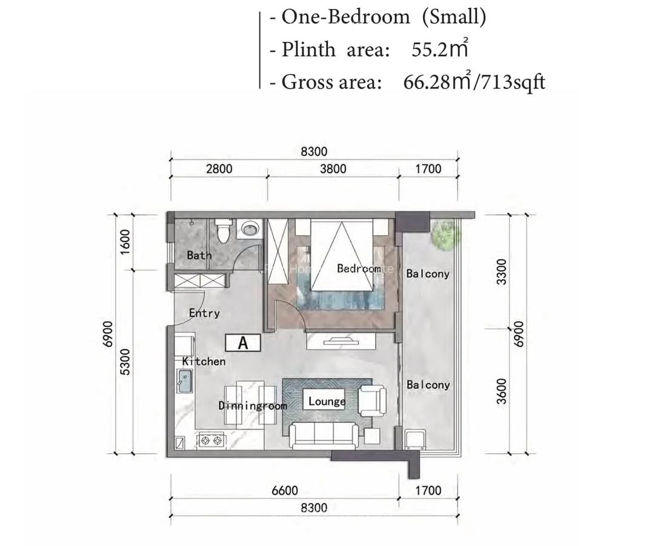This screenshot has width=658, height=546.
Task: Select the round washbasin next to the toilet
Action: (x=249, y=229)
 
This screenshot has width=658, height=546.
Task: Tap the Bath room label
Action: (x=199, y=255)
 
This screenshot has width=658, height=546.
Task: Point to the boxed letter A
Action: (x=243, y=343)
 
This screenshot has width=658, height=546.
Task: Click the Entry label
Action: (x=204, y=314)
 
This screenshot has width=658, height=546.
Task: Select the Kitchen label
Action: (x=204, y=361)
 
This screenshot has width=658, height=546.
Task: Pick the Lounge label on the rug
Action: (x=327, y=401)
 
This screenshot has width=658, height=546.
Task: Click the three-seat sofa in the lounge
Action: (x=323, y=434)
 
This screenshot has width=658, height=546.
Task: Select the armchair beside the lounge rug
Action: (x=372, y=400)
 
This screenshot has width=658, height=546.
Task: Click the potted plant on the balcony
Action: (x=446, y=234)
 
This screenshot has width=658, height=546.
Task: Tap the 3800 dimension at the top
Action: (x=333, y=169)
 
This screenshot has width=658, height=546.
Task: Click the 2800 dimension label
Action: (x=219, y=169)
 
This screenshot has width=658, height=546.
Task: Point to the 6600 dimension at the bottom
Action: (x=284, y=490)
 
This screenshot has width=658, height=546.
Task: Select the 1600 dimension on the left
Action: (x=125, y=242)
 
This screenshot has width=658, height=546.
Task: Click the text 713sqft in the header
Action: (x=513, y=81)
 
